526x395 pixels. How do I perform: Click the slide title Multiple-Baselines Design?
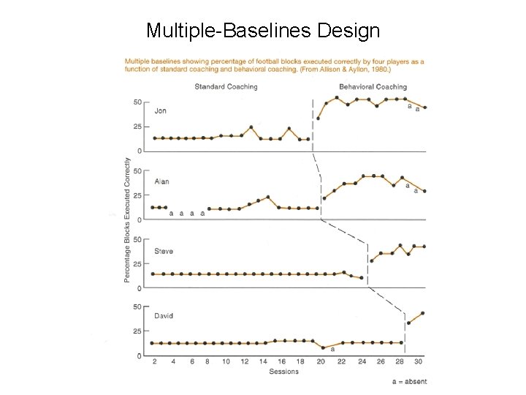point(263,31)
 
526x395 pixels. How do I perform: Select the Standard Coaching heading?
point(226,87)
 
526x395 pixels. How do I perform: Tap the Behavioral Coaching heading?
point(373,87)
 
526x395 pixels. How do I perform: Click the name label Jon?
point(161,111)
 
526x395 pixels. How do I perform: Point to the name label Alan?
point(162,181)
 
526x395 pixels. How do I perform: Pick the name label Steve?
point(164,251)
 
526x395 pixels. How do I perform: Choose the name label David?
point(164,316)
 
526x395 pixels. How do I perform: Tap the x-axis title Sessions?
point(283,372)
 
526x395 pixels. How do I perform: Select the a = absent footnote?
point(409,381)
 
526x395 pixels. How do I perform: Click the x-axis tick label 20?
point(321,361)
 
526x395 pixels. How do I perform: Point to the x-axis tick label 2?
point(154,361)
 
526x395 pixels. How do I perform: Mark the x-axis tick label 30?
point(417,361)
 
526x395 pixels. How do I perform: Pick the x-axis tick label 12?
point(245,361)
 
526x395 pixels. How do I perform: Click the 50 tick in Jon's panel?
point(137,102)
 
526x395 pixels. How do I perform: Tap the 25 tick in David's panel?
point(137,331)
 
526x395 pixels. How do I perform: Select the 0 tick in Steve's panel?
point(140,288)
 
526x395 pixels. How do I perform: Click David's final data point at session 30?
point(423,313)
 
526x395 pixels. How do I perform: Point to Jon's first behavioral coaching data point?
point(318,118)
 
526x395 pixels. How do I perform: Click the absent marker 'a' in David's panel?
point(332,349)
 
